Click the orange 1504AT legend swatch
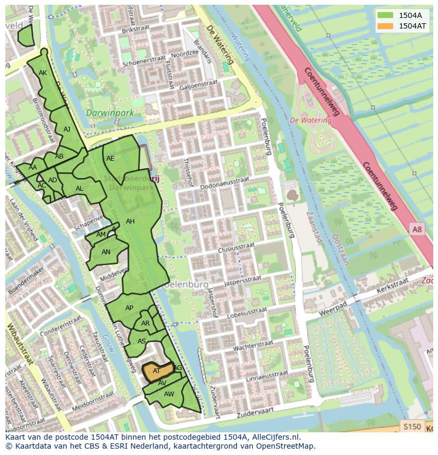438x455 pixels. [x=385, y=25]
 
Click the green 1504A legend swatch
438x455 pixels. [x=385, y=15]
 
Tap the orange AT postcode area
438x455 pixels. [x=158, y=370]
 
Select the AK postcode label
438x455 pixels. [x=43, y=73]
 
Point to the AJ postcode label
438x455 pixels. [x=67, y=129]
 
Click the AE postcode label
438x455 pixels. [x=110, y=158]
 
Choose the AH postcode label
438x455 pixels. [x=130, y=221]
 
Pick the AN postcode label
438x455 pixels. [x=106, y=252]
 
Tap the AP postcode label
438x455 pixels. [x=129, y=308]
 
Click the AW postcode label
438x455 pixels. [x=169, y=394]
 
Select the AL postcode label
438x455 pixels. [x=79, y=189]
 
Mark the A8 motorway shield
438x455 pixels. [x=417, y=228]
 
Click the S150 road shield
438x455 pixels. [x=412, y=426]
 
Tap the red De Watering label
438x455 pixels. [x=311, y=120]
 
